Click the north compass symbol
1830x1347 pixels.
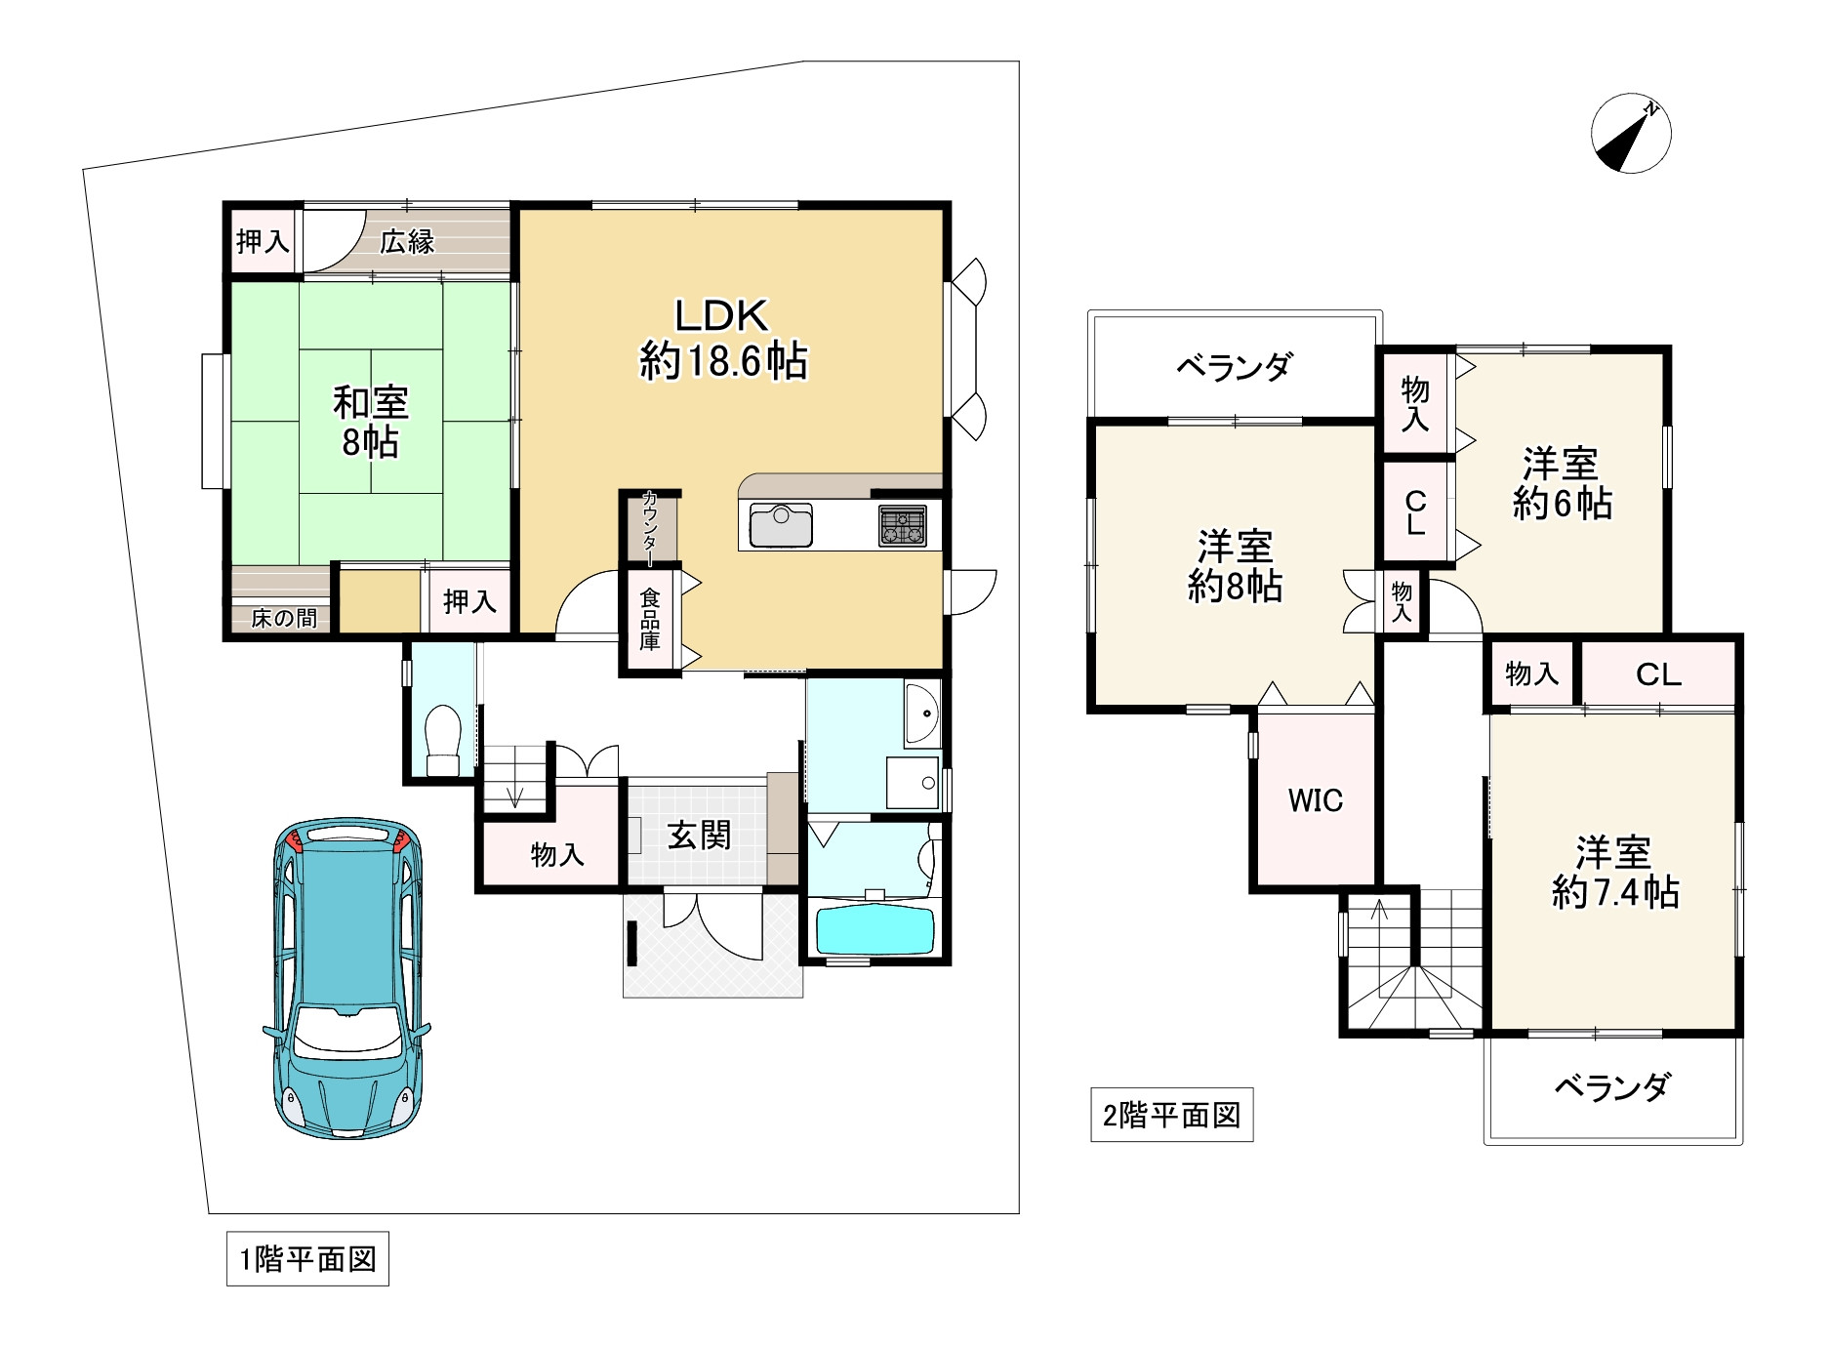pos(1631,135)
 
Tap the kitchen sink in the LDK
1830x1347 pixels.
pos(780,527)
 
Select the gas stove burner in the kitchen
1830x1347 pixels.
pos(902,526)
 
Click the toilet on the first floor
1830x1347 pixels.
pos(443,739)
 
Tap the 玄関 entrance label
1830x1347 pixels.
pos(699,836)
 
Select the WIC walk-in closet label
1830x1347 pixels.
pos(1315,800)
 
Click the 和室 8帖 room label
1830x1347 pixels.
pos(370,422)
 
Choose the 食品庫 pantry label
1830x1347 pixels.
pos(650,619)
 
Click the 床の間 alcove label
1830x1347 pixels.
pos(283,618)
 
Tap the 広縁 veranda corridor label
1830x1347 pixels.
pos(407,241)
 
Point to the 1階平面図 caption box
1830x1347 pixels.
pos(307,1259)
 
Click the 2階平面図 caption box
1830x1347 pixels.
pos(1171,1115)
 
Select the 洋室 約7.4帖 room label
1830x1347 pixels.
pos(1614,872)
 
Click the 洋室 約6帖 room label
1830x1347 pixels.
pos(1561,483)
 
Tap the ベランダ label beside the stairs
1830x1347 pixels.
pos(1611,1086)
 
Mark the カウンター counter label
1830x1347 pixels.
pos(650,527)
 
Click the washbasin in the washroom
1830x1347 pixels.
pos(920,714)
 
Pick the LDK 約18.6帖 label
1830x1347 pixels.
pos(723,339)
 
